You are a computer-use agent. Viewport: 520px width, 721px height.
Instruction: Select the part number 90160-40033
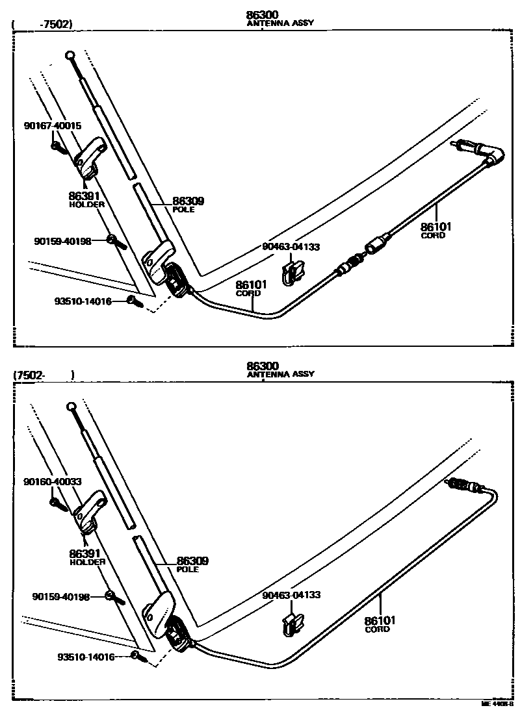[x=53, y=481]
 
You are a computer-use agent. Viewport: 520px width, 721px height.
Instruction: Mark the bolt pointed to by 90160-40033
[x=57, y=503]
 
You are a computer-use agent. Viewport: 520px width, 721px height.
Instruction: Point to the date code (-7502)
[x=43, y=25]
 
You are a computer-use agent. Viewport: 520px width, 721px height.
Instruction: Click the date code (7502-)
[x=43, y=375]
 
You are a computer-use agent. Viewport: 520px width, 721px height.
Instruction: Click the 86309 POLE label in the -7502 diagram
[x=183, y=205]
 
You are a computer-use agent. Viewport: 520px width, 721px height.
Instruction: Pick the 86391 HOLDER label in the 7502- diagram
[x=86, y=557]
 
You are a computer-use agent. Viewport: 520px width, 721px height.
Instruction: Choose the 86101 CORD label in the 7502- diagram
[x=380, y=624]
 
